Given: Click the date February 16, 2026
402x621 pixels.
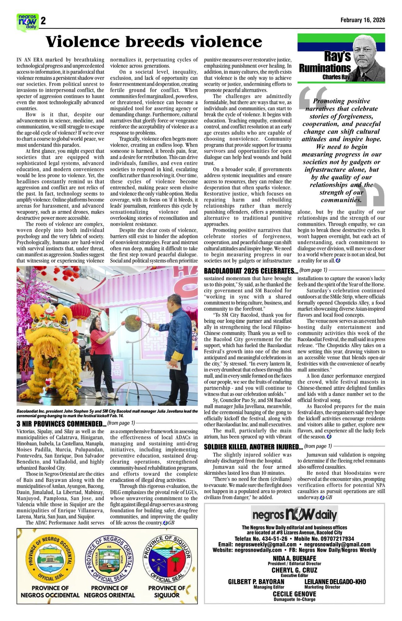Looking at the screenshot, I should [x=363, y=20].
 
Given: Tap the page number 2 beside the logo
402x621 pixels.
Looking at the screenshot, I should [x=43, y=21].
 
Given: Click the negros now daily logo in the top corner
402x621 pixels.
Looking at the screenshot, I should [x=27, y=21].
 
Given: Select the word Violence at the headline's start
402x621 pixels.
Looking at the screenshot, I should [x=82, y=42].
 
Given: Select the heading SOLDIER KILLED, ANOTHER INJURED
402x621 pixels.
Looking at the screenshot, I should [x=253, y=447].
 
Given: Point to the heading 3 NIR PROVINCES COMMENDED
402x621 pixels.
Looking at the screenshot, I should [x=61, y=424].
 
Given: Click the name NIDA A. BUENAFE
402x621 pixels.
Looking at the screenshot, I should [x=294, y=558].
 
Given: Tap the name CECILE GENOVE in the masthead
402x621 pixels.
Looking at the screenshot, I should [x=294, y=594].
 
